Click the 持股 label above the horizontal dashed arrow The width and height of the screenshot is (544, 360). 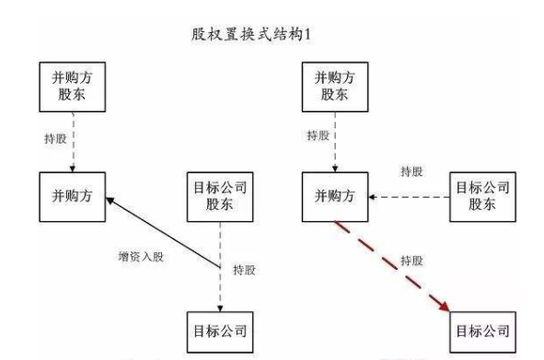tap(411, 171)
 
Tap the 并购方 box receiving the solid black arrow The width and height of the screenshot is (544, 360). tap(74, 196)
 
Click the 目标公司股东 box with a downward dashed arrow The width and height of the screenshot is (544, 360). tap(219, 196)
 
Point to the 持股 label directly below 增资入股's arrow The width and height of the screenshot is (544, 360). tap(245, 269)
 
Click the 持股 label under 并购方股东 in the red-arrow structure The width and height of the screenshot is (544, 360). tap(317, 137)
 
